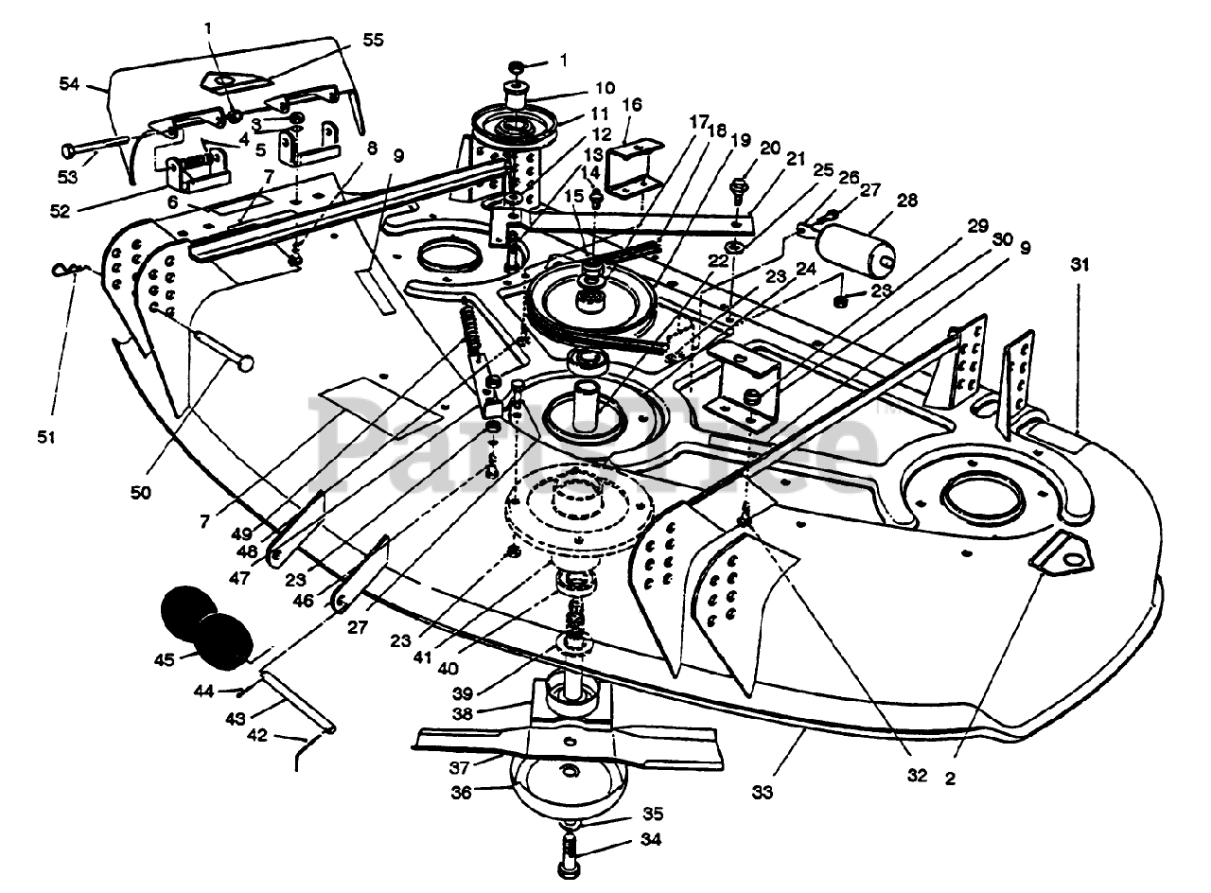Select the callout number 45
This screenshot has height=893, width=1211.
165,659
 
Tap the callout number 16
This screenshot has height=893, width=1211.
632,104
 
